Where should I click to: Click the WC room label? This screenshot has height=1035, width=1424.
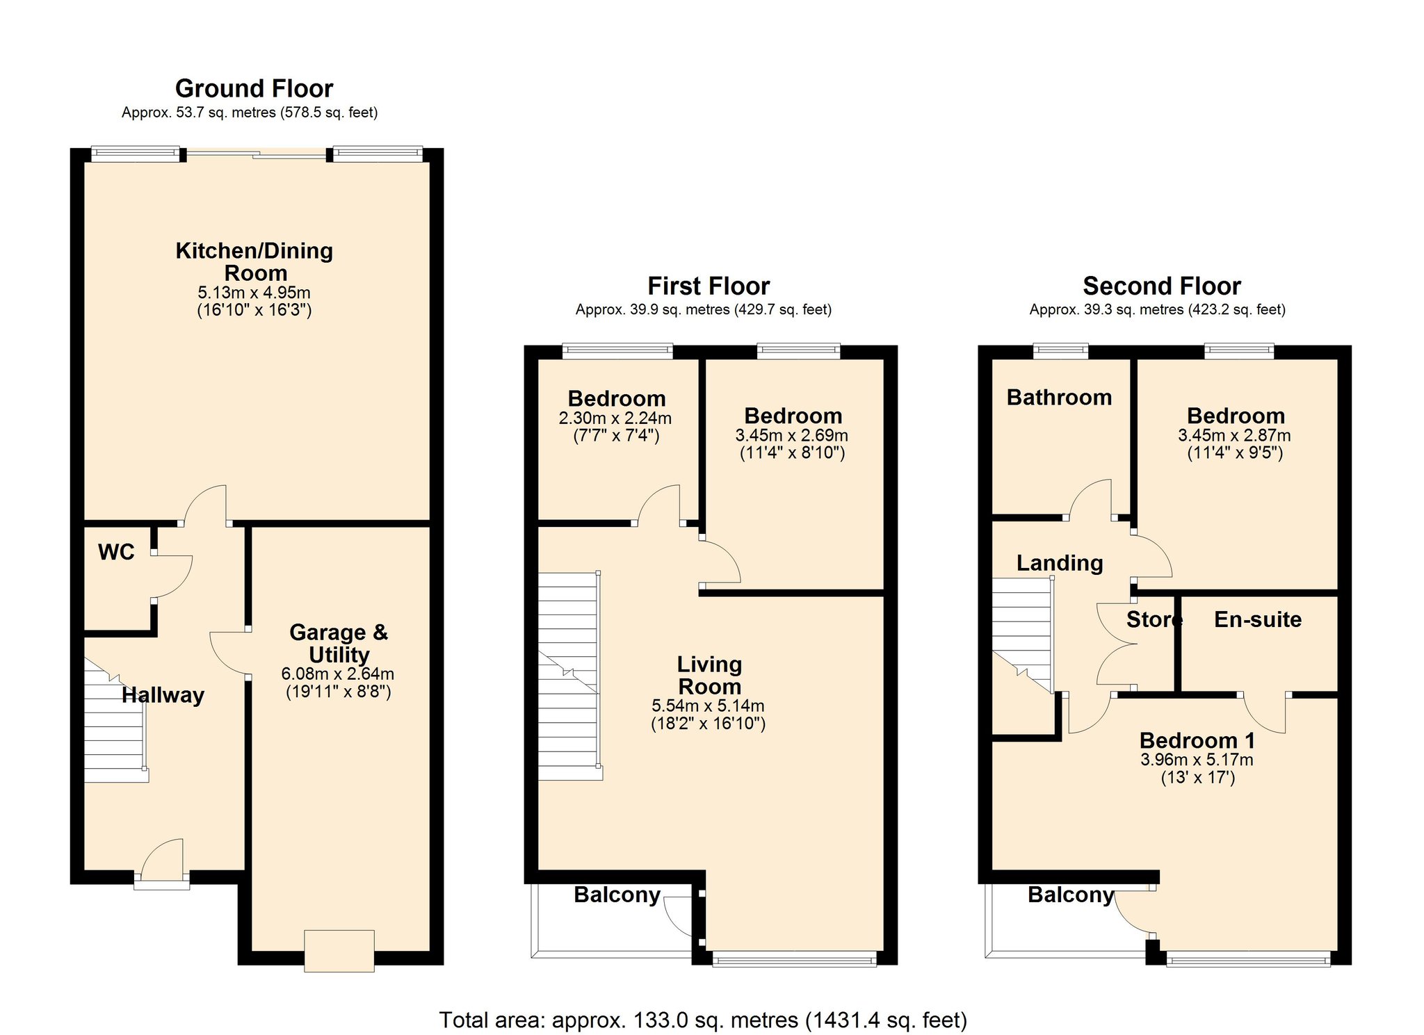coord(116,552)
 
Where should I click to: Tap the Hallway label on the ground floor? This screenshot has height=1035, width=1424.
coord(163,695)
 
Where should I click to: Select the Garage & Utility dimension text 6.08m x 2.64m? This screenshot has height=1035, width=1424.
coord(338,674)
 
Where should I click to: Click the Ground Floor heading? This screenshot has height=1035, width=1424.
coord(254,88)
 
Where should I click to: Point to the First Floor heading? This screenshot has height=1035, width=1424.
coord(709,286)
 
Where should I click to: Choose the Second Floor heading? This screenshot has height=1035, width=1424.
coord(1162,286)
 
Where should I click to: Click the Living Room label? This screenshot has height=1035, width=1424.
coord(709,675)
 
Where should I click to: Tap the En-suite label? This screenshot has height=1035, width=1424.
coord(1258,619)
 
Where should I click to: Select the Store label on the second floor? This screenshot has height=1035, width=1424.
coord(1154,619)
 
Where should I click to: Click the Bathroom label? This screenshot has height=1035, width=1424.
coord(1059,397)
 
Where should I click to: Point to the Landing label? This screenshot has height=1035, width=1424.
coord(1060,563)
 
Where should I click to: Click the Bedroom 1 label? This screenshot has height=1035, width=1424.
coord(1197,740)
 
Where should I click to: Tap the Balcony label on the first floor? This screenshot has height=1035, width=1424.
coord(617,895)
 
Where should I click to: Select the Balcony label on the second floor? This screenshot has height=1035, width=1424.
coord(1071,895)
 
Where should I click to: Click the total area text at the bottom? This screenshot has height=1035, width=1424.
coord(703,1020)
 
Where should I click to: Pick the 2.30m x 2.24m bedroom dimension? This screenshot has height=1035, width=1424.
coord(615,418)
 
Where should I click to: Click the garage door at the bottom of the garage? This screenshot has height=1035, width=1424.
coord(339,951)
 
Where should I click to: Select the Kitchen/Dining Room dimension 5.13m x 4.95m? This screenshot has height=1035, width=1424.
coord(254,293)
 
